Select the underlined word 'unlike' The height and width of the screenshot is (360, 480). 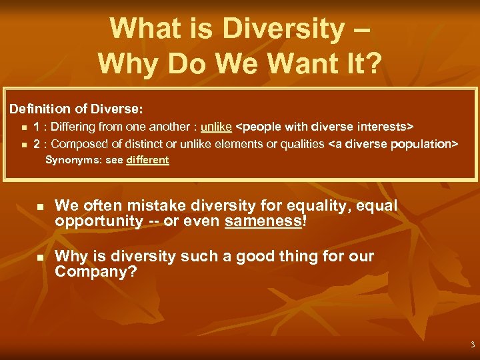216,126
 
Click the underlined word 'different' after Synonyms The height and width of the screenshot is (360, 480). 147,160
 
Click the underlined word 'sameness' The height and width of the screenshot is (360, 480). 264,221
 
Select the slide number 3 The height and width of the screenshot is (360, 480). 472,345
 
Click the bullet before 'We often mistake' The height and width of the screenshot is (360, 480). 39,208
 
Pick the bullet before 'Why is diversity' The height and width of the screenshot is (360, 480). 39,257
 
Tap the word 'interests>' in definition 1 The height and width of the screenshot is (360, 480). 387,126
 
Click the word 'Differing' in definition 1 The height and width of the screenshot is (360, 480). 73,126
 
